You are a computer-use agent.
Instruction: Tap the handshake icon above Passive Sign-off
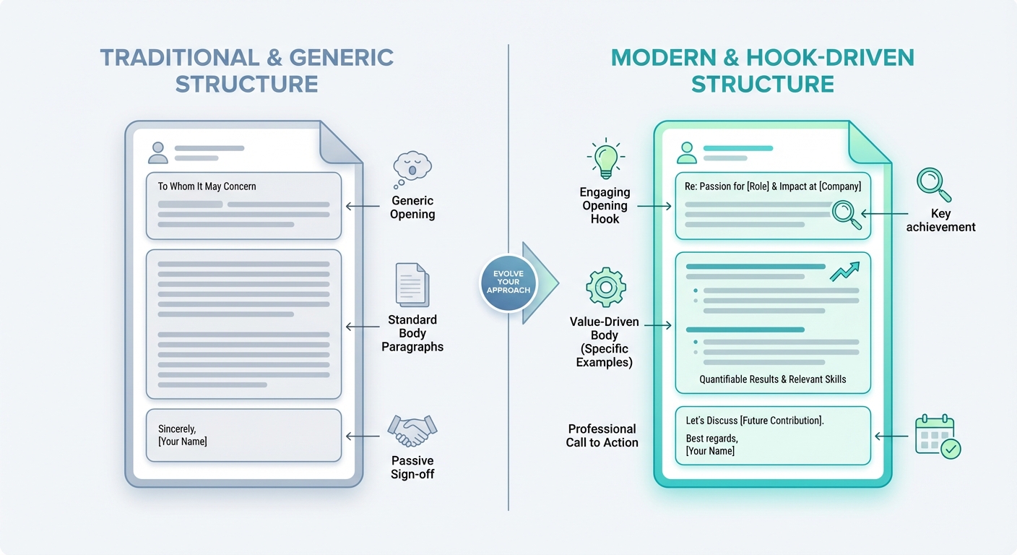[x=412, y=431]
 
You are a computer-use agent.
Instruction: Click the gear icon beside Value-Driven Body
[x=605, y=286]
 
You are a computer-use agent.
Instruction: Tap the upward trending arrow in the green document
[x=844, y=272]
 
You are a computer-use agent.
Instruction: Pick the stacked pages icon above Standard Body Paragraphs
[x=412, y=285]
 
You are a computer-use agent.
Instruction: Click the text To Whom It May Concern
[x=207, y=186]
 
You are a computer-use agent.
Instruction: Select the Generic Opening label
[x=412, y=207]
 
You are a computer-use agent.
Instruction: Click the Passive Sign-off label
[x=412, y=468]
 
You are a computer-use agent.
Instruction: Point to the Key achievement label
[x=940, y=220]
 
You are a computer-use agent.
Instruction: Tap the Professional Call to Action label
[x=602, y=436]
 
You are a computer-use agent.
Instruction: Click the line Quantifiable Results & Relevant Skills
[x=772, y=379]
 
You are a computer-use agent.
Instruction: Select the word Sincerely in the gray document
[x=177, y=429]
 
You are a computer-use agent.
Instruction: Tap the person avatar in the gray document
[x=157, y=152]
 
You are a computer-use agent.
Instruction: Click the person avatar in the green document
[x=686, y=152]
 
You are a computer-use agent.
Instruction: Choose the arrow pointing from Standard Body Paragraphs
[x=363, y=327]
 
